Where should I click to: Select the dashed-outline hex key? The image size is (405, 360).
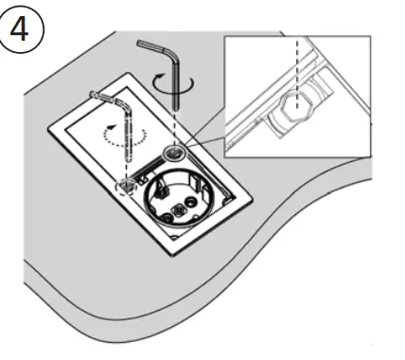[x=125, y=133]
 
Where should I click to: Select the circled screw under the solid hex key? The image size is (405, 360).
[x=175, y=153]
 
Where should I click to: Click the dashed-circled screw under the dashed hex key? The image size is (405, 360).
[x=125, y=186]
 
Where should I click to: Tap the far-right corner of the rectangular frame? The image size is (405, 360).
[x=254, y=201]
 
